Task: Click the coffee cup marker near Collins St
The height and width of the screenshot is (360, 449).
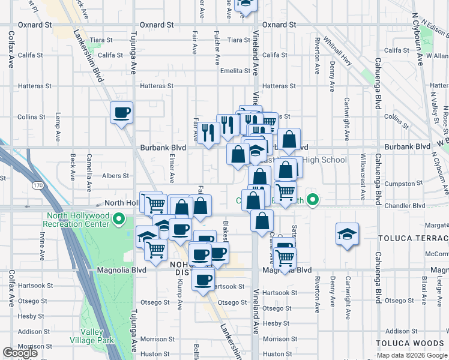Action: [121, 112]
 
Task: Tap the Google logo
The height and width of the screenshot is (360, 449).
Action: [20, 353]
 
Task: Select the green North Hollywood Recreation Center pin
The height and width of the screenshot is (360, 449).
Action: [118, 220]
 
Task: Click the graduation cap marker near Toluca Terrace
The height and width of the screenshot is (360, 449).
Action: [348, 235]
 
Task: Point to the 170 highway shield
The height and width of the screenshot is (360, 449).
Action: [38, 187]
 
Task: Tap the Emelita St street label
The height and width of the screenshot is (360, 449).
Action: [234, 71]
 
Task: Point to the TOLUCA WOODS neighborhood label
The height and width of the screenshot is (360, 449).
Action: [411, 343]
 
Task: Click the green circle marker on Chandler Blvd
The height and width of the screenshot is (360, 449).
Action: [312, 200]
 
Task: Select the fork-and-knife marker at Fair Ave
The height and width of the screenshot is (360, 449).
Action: [208, 133]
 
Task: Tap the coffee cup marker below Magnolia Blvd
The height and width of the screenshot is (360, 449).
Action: [203, 279]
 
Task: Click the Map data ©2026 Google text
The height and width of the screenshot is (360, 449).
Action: [411, 355]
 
